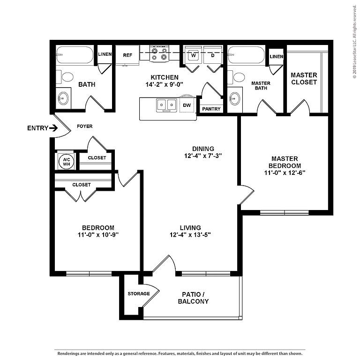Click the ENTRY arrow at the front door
pyautogui.click(x=53, y=128)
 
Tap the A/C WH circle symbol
pyautogui.click(x=67, y=162)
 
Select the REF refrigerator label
pyautogui.click(x=127, y=55)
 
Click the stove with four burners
pyautogui.click(x=159, y=54)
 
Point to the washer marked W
pyautogui.click(x=193, y=55)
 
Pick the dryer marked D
pyautogui.click(x=213, y=55)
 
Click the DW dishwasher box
pyautogui.click(x=187, y=105)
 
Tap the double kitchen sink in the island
pyautogui.click(x=166, y=105)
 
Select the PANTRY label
pyautogui.click(x=211, y=109)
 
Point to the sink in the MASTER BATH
pyautogui.click(x=235, y=99)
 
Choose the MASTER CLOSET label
pyautogui.click(x=304, y=79)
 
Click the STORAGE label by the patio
pyautogui.click(x=139, y=293)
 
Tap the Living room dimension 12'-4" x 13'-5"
pyautogui.click(x=190, y=235)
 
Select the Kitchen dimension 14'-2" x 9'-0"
pyautogui.click(x=164, y=84)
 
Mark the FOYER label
pyautogui.click(x=84, y=126)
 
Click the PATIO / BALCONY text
pyautogui.click(x=193, y=298)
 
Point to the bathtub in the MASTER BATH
pyautogui.click(x=247, y=55)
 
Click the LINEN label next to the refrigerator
pyautogui.click(x=105, y=54)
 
